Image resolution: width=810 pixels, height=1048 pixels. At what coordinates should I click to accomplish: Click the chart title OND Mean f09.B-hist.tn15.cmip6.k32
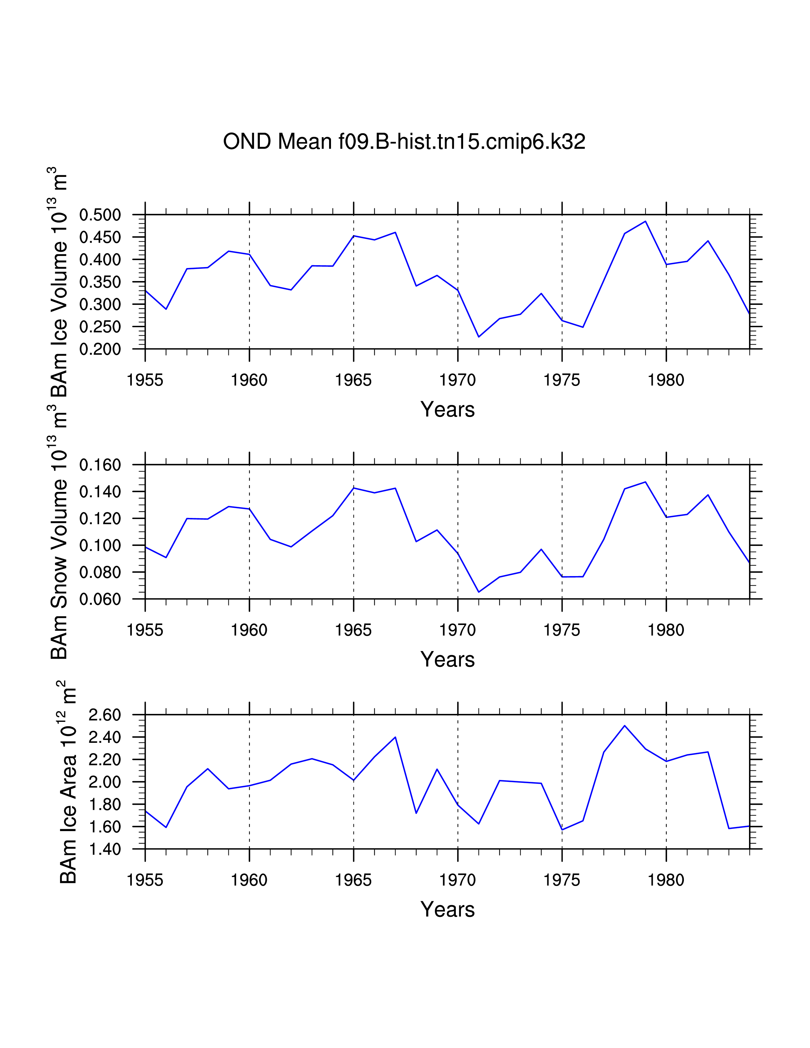tap(404, 142)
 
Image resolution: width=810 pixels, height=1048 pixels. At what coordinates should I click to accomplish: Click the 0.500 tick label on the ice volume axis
tap(100, 215)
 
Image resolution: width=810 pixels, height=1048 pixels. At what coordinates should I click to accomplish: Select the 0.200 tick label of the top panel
tap(100, 349)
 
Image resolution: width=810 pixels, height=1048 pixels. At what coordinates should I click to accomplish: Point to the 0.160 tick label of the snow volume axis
tap(100, 465)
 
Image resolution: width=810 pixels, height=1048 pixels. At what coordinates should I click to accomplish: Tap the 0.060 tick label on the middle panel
tap(100, 599)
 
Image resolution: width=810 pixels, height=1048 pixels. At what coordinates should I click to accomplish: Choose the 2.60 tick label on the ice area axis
tap(105, 715)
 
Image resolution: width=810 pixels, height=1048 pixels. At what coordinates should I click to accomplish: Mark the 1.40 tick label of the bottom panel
tap(105, 849)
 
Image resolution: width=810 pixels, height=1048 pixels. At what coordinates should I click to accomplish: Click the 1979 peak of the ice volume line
tap(645, 222)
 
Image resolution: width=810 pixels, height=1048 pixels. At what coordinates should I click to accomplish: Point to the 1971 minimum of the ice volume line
tap(478, 337)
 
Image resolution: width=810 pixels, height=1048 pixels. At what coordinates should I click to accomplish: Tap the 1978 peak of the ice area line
tap(624, 726)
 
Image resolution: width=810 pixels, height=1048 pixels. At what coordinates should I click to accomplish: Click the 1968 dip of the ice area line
tap(416, 813)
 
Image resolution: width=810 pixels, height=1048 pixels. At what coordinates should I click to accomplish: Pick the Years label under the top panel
tap(447, 410)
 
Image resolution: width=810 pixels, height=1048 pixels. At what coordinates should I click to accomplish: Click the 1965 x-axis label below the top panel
tap(353, 380)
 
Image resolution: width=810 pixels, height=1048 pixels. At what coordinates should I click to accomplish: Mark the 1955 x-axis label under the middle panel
tap(145, 630)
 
